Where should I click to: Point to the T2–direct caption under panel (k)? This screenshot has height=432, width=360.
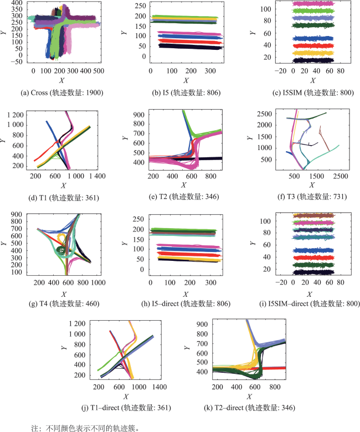click(x=244, y=408)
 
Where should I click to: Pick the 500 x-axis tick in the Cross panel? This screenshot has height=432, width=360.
click(x=100, y=71)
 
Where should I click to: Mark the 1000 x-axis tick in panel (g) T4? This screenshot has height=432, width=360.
click(x=100, y=282)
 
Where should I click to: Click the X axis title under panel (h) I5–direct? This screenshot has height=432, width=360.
click(x=185, y=293)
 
